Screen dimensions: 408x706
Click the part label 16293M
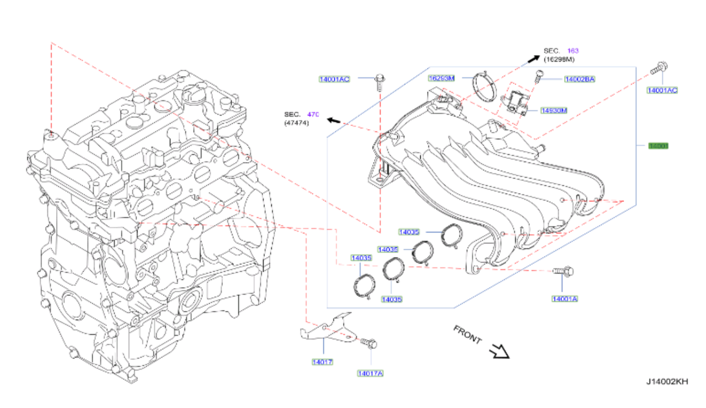(442, 78)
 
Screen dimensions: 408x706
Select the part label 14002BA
(579, 79)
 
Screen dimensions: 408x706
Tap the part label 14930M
(554, 110)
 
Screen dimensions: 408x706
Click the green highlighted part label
(658, 146)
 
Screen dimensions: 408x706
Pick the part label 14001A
(565, 298)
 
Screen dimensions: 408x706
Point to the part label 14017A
(370, 373)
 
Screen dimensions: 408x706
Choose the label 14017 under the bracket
(322, 362)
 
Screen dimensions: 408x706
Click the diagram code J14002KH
(667, 382)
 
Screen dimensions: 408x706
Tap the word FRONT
(468, 334)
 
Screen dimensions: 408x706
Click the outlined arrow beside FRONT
(499, 351)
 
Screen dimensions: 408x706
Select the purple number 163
(573, 51)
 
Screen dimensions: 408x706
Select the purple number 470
(313, 114)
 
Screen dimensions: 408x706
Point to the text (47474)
(297, 124)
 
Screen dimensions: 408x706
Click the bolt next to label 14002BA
(538, 77)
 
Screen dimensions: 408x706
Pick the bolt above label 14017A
(369, 344)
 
